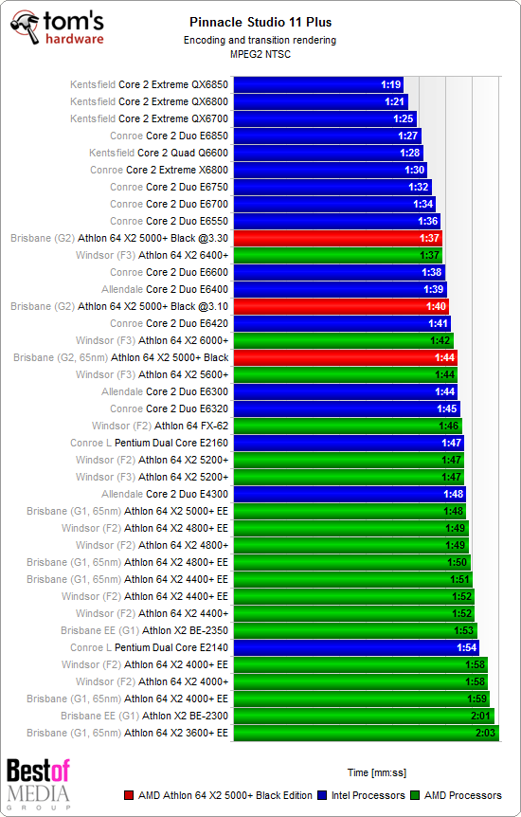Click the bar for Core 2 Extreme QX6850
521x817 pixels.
[x=317, y=84]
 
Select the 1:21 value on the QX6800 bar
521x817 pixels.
[x=395, y=101]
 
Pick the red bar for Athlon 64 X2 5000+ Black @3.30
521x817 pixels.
[x=336, y=238]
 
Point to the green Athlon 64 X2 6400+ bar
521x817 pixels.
[x=336, y=255]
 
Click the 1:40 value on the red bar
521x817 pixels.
[x=436, y=306]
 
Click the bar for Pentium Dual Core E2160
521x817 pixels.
[x=347, y=443]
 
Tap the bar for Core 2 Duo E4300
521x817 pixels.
[x=349, y=494]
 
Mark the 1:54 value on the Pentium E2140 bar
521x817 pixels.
[x=465, y=647]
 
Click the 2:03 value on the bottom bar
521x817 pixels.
[x=485, y=733]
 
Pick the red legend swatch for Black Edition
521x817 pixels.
[x=129, y=796]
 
